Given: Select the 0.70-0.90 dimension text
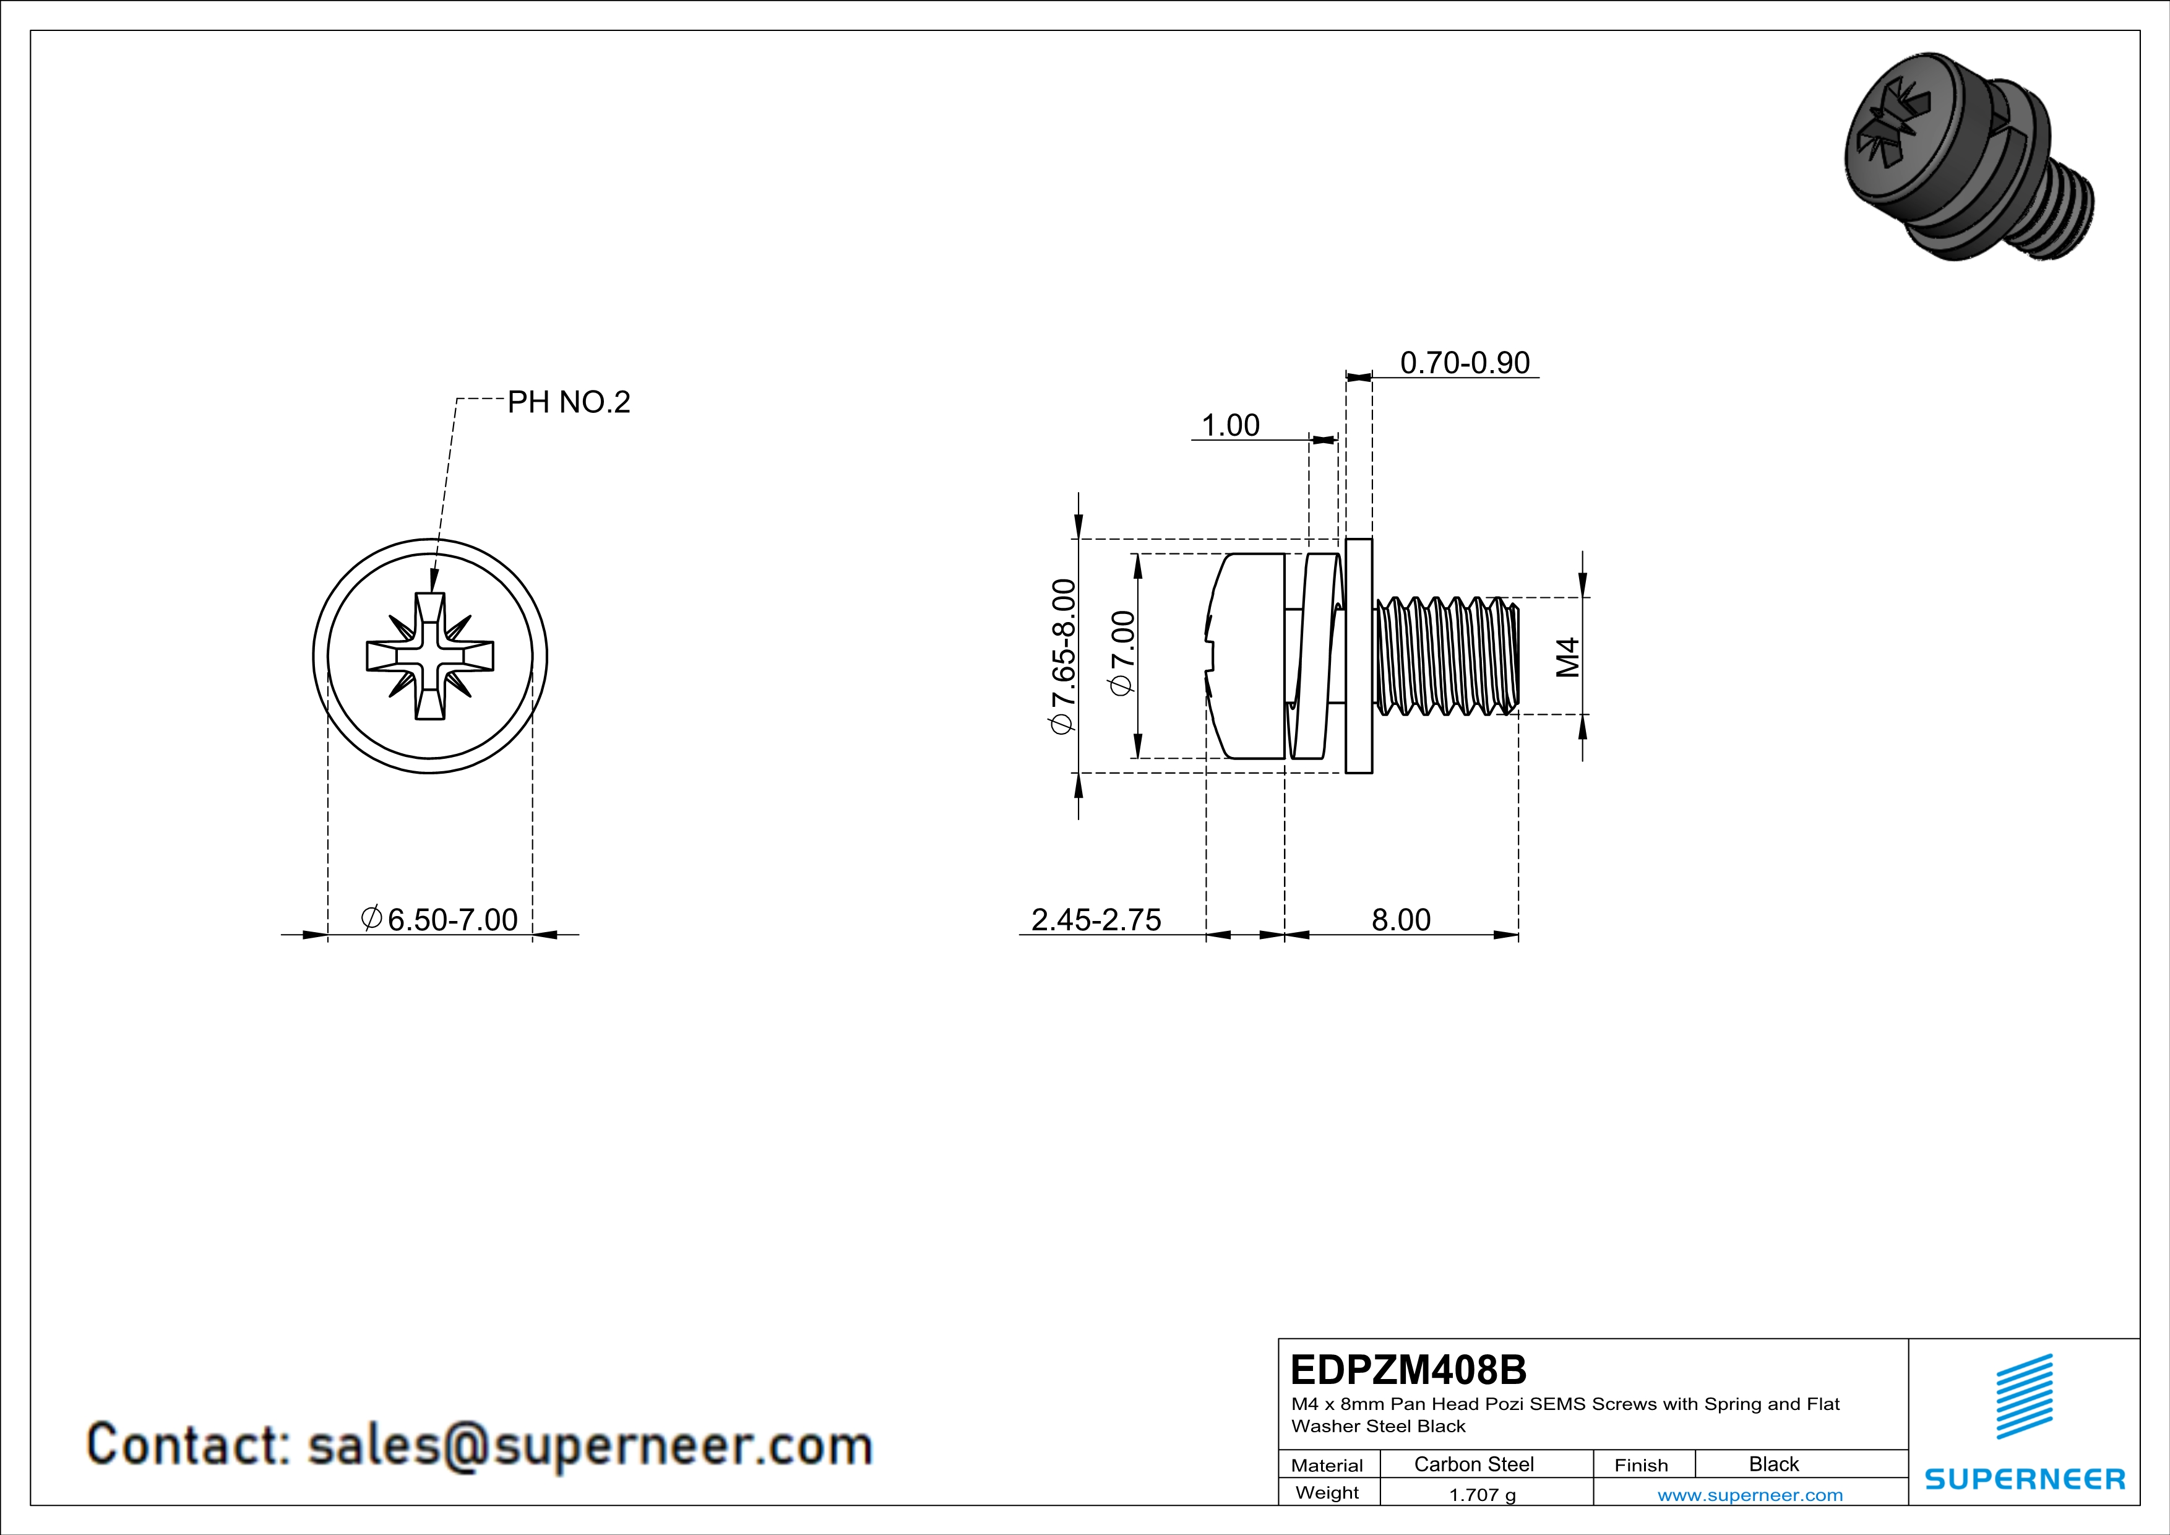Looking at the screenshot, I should pyautogui.click(x=1464, y=363).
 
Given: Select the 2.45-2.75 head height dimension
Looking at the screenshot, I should pyautogui.click(x=1095, y=920).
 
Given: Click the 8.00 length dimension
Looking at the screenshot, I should pyautogui.click(x=1401, y=920).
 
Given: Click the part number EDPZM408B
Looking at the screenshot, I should pyautogui.click(x=1407, y=1370).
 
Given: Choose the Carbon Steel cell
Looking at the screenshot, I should pyautogui.click(x=1473, y=1464).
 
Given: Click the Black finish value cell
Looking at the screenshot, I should pyautogui.click(x=1773, y=1464).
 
